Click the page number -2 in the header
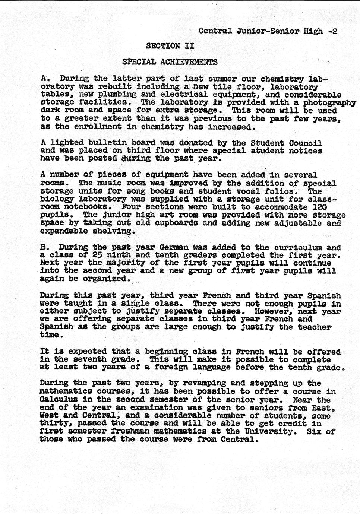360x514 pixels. click(333, 31)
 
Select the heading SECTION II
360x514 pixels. click(170, 46)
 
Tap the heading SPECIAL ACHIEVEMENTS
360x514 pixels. click(170, 61)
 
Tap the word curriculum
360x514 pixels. click(299, 247)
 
